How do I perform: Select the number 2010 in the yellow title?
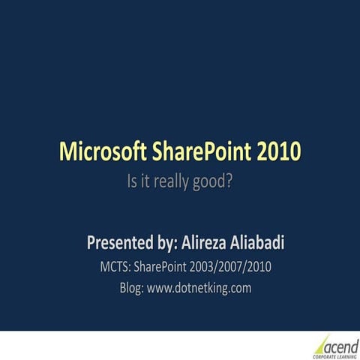[277, 151]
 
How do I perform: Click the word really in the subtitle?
[173, 181]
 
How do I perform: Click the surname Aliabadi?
[268, 243]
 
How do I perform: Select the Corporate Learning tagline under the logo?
[334, 356]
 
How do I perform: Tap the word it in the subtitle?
[146, 181]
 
